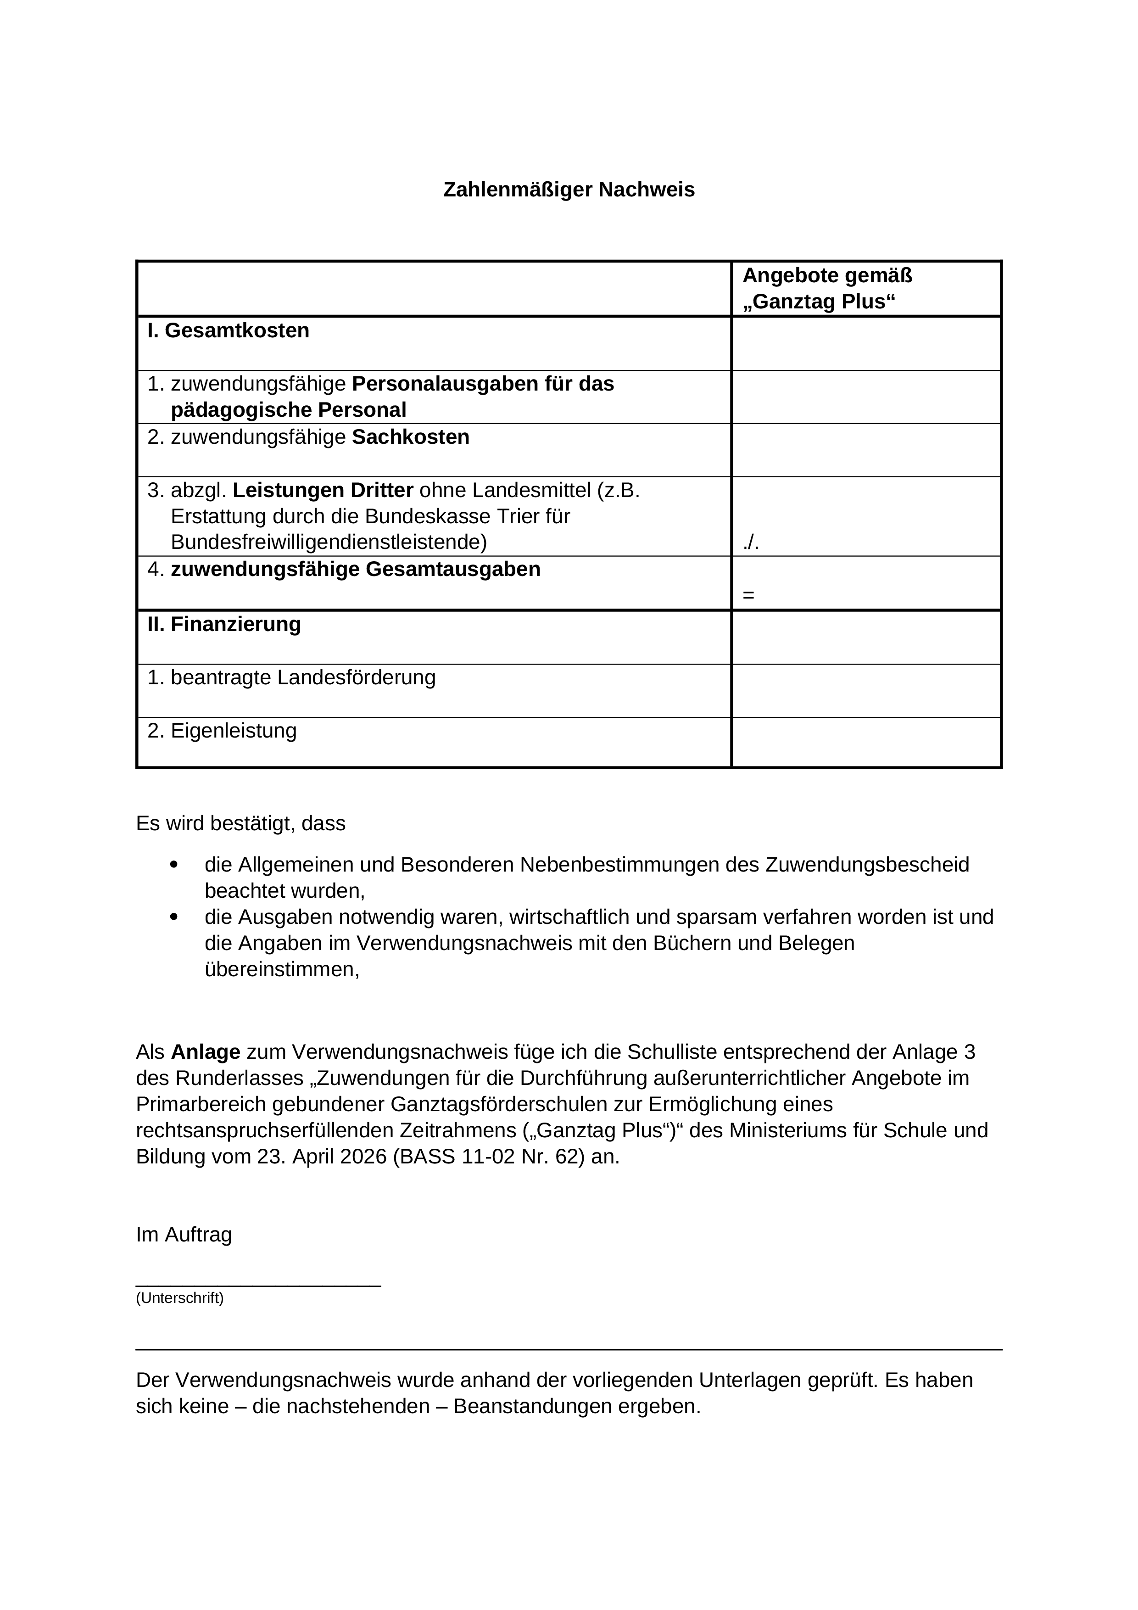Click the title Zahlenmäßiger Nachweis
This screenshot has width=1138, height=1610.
[569, 190]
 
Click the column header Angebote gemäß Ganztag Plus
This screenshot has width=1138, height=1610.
[827, 288]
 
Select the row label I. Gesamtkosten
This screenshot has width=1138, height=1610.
[229, 330]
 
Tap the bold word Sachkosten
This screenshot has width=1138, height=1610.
[410, 437]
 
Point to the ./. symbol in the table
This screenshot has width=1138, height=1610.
[751, 542]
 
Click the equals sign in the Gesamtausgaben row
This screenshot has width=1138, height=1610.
[748, 595]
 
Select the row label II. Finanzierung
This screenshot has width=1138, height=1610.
[224, 624]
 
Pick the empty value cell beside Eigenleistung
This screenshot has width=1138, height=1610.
[866, 742]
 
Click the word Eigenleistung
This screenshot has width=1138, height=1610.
[234, 731]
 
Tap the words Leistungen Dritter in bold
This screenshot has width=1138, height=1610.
[323, 490]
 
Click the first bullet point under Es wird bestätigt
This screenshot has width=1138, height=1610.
[174, 865]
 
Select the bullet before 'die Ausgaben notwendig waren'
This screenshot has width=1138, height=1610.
[174, 917]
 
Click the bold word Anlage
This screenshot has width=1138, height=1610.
[206, 1052]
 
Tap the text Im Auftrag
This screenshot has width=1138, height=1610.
[184, 1234]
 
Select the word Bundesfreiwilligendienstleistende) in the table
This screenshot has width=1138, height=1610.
[328, 542]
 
